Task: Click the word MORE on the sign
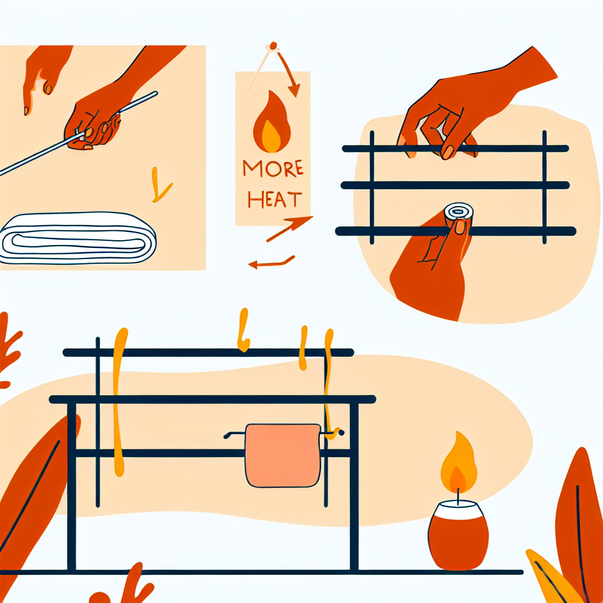point(273,168)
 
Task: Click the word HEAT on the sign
point(274,199)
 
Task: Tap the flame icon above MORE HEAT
point(271,121)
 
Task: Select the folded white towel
point(78,238)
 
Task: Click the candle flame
point(458,462)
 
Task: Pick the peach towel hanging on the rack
point(283,455)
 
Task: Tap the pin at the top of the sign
point(273,46)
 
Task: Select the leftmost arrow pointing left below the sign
point(271,263)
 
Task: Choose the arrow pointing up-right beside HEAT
point(289,228)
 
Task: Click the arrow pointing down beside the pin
point(289,74)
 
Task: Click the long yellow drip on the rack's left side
point(119,402)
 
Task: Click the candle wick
point(458,496)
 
